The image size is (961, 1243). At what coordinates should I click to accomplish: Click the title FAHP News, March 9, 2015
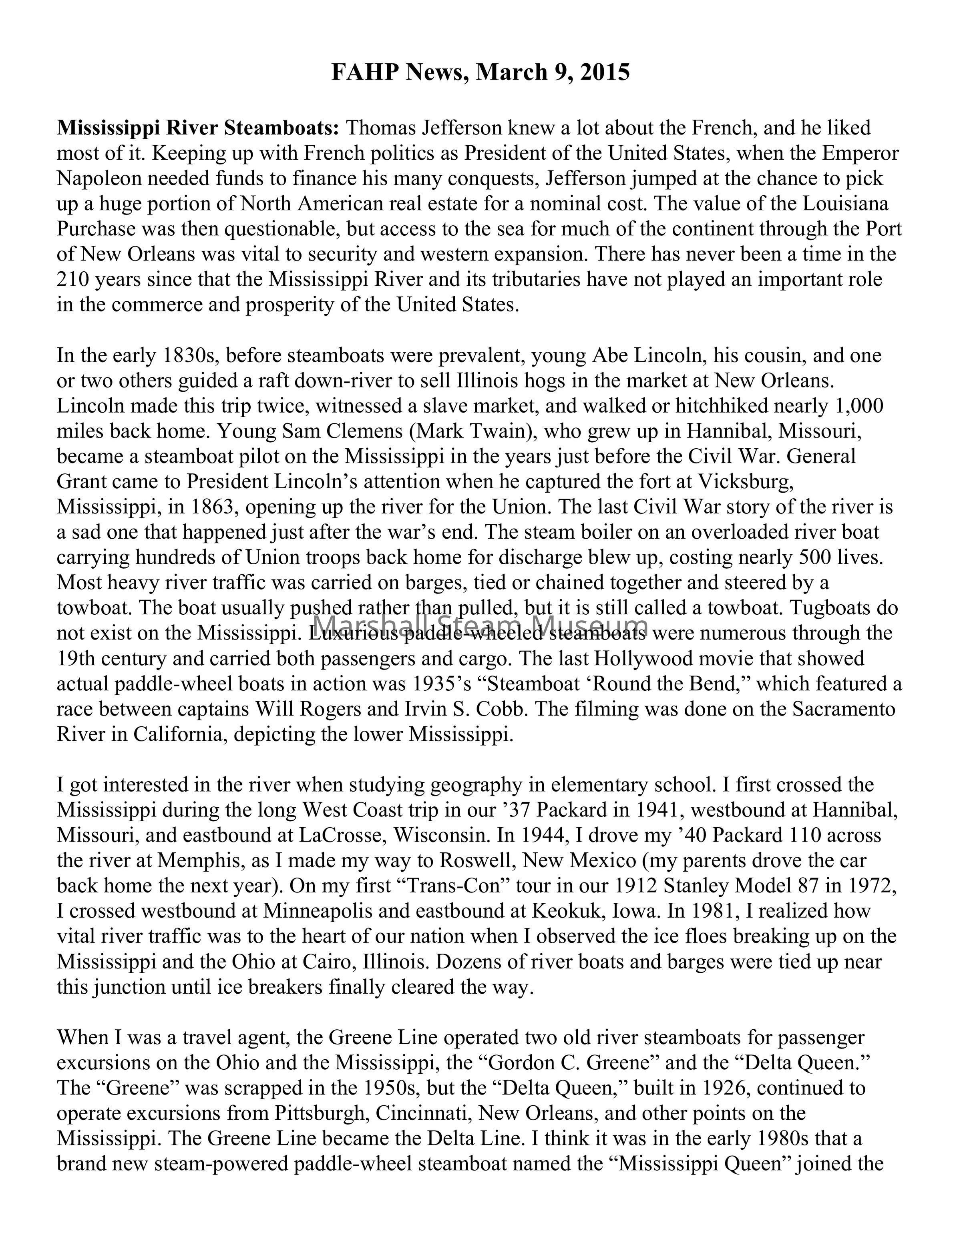point(480,73)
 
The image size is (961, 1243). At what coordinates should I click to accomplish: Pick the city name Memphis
point(199,860)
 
